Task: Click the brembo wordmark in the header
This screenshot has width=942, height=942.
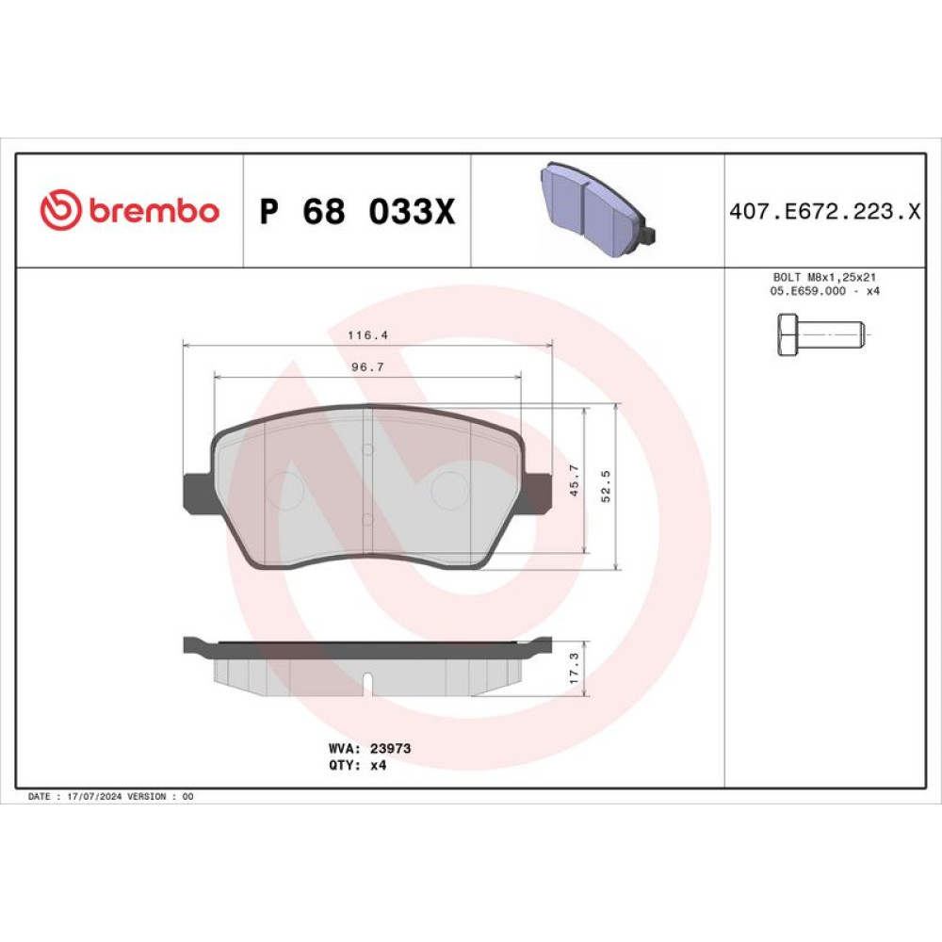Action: [x=154, y=210]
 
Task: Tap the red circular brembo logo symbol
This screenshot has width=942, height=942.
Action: [x=60, y=210]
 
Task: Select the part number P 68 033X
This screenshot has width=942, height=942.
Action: [x=357, y=211]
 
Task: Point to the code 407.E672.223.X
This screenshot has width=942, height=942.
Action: [x=825, y=211]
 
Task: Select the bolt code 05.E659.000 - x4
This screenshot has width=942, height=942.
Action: [x=824, y=291]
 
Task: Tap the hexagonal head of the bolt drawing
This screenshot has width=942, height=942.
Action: [x=788, y=334]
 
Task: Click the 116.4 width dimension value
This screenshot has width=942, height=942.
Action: [x=367, y=335]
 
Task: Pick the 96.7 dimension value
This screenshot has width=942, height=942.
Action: [x=367, y=367]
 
